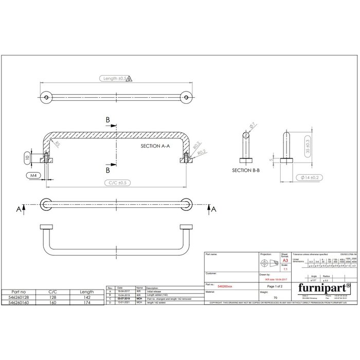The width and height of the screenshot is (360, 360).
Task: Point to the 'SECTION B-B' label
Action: pos(248,169)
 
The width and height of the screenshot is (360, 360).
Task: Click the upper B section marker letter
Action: pos(108,120)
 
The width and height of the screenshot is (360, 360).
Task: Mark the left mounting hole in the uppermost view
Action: pos(47,96)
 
